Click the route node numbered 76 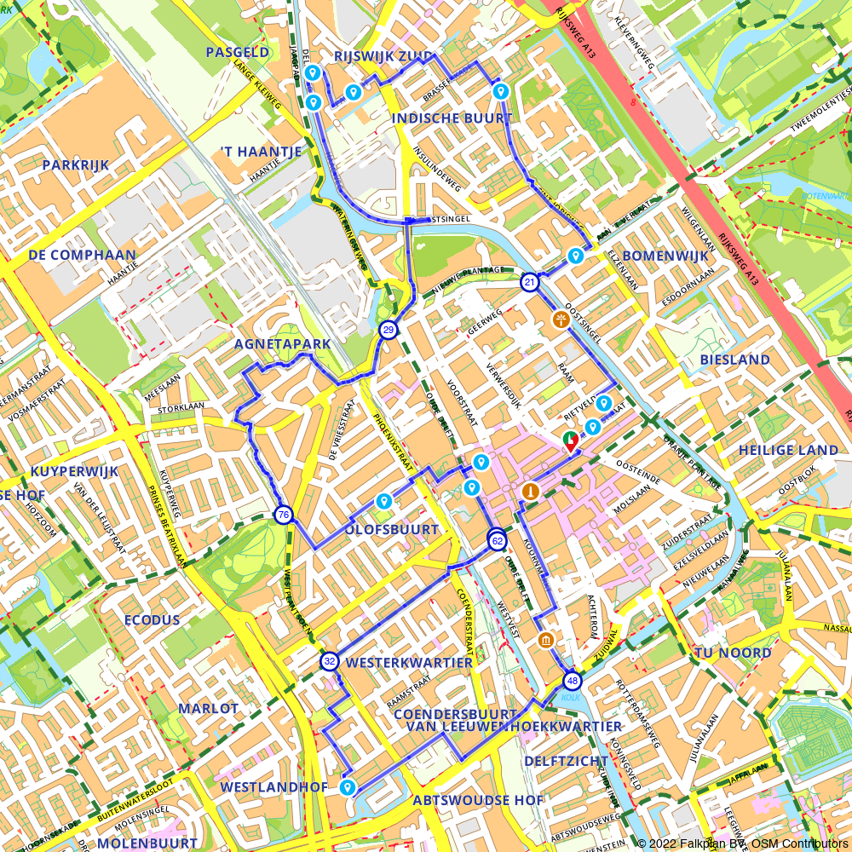click(284, 514)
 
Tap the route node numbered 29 click(389, 330)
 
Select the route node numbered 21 click(530, 282)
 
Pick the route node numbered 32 click(330, 660)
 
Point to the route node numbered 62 click(498, 540)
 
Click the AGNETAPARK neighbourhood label click(282, 343)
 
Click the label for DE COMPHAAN click(82, 255)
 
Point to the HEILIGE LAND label click(789, 450)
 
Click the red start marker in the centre click(569, 441)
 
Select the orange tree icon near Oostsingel click(561, 319)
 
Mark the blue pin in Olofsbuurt click(383, 501)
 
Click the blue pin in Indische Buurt click(501, 90)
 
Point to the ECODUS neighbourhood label click(152, 619)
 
